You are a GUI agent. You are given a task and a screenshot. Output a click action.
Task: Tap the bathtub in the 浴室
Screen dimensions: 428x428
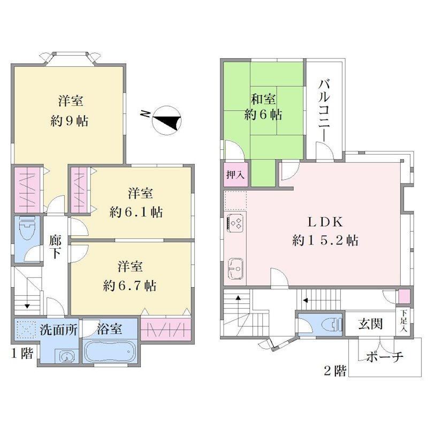pyautogui.click(x=110, y=351)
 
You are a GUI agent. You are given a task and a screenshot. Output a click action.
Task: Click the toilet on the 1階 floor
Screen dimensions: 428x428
pyautogui.click(x=27, y=228)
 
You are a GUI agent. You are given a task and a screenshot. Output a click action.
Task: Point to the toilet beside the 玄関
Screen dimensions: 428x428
pyautogui.click(x=332, y=325)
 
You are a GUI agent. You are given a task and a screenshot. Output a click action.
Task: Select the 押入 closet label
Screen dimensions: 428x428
pyautogui.click(x=235, y=175)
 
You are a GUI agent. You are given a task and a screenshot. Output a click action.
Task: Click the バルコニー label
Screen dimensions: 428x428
pyautogui.click(x=324, y=111)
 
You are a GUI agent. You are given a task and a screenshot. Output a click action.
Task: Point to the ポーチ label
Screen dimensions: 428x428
pyautogui.click(x=385, y=356)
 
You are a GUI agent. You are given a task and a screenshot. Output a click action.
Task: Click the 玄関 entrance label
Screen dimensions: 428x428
pyautogui.click(x=370, y=324)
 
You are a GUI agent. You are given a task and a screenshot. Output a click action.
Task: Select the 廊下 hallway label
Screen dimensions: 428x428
pyautogui.click(x=56, y=246)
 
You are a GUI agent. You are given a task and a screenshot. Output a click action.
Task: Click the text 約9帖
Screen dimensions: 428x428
pyautogui.click(x=70, y=121)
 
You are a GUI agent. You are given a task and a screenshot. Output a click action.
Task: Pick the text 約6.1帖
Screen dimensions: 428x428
pyautogui.click(x=136, y=212)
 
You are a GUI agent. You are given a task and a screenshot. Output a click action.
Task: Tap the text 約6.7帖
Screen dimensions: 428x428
pyautogui.click(x=130, y=286)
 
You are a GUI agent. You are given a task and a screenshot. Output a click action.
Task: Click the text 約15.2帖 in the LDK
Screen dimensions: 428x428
pyautogui.click(x=325, y=240)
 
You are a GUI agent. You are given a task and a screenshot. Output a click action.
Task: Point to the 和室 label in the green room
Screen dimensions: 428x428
pyautogui.click(x=263, y=99)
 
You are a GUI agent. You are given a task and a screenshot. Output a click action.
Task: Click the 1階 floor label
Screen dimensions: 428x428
pyautogui.click(x=22, y=354)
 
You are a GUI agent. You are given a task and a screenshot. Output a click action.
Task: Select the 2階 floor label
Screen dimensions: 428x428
pyautogui.click(x=335, y=371)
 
